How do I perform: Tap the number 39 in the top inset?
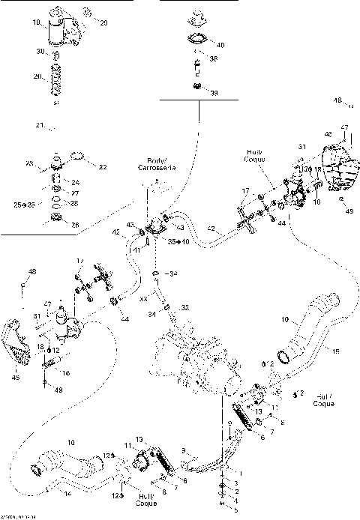pyautogui.click(x=214, y=93)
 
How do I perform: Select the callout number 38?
pyautogui.click(x=214, y=58)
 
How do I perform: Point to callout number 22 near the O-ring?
pyautogui.click(x=103, y=167)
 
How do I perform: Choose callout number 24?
pyautogui.click(x=74, y=181)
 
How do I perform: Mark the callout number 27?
pyautogui.click(x=74, y=193)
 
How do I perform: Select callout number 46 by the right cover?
pyautogui.click(x=328, y=134)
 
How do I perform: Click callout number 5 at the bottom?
pyautogui.click(x=235, y=510)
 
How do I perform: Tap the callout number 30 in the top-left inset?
pyautogui.click(x=40, y=52)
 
